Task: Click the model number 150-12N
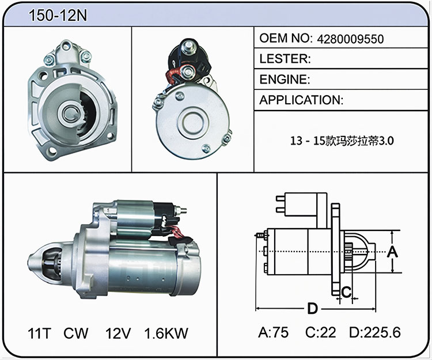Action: tap(58, 15)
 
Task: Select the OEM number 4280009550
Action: tap(350, 39)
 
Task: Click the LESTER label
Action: tap(285, 59)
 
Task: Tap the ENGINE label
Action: tap(285, 79)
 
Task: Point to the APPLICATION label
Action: tap(301, 100)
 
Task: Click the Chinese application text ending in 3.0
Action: tap(342, 141)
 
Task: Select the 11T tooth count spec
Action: tap(39, 334)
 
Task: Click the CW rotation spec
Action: tap(76, 334)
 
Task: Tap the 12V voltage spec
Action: tap(118, 334)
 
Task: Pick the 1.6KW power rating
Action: tap(166, 334)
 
